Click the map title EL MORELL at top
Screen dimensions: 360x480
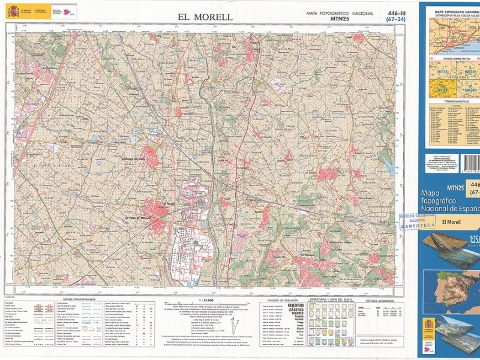click(204, 17)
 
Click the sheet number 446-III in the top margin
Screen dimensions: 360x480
click(396, 13)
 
